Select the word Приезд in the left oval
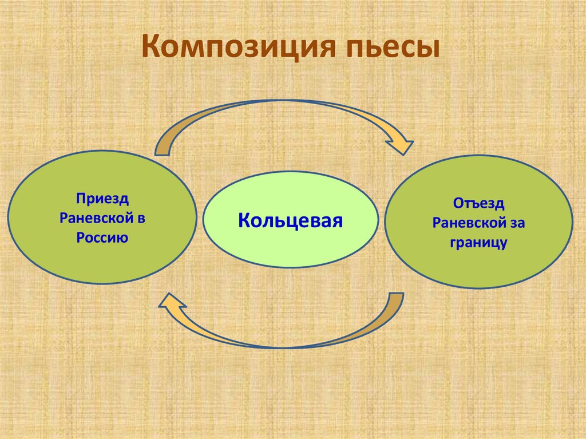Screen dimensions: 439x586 101,199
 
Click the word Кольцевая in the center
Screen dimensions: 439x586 290,220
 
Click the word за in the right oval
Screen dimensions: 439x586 517,223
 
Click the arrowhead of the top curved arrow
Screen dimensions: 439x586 403,144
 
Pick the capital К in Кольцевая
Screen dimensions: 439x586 244,220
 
